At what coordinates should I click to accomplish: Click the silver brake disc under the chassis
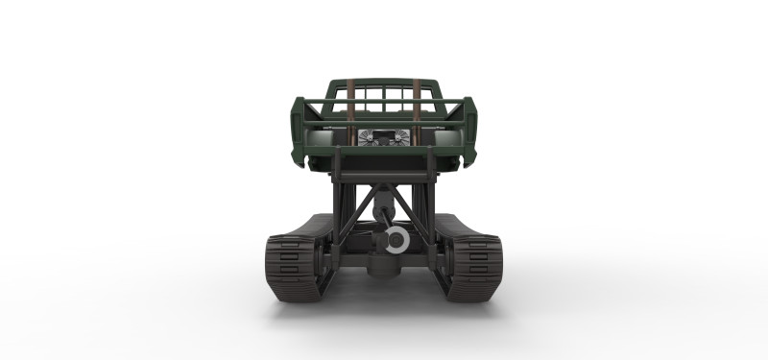pyautogui.click(x=395, y=239)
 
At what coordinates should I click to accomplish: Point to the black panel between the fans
pyautogui.click(x=384, y=136)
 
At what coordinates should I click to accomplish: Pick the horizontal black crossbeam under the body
pyautogui.click(x=384, y=177)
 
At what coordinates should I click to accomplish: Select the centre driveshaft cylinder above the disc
pyautogui.click(x=384, y=206)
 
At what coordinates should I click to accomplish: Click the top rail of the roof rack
pyautogui.click(x=384, y=83)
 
